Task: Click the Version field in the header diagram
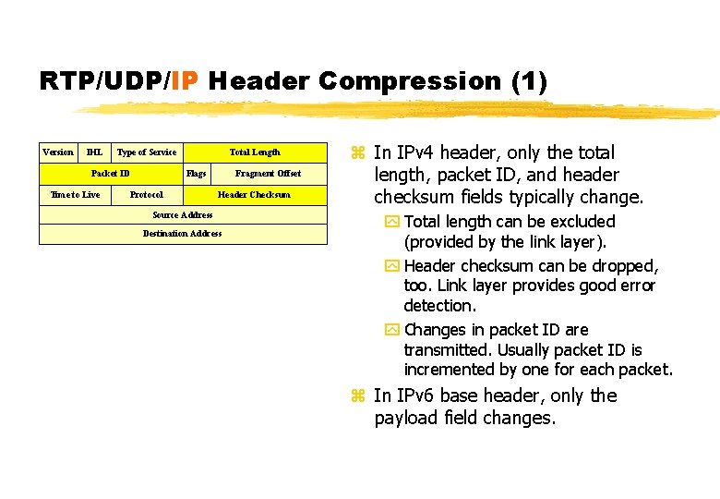[58, 152]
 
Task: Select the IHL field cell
[94, 152]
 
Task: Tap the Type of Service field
[147, 152]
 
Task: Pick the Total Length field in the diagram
[255, 152]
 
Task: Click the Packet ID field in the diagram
[110, 174]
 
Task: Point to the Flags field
[196, 174]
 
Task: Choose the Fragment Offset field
[268, 174]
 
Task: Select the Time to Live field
[75, 195]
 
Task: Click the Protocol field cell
[147, 195]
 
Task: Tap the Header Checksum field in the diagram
[254, 195]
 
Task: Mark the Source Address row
[182, 215]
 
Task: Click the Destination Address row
[182, 234]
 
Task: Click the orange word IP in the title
[184, 81]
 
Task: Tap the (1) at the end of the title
[529, 81]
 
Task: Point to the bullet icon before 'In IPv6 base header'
[359, 396]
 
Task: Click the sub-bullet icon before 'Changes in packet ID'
[391, 331]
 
